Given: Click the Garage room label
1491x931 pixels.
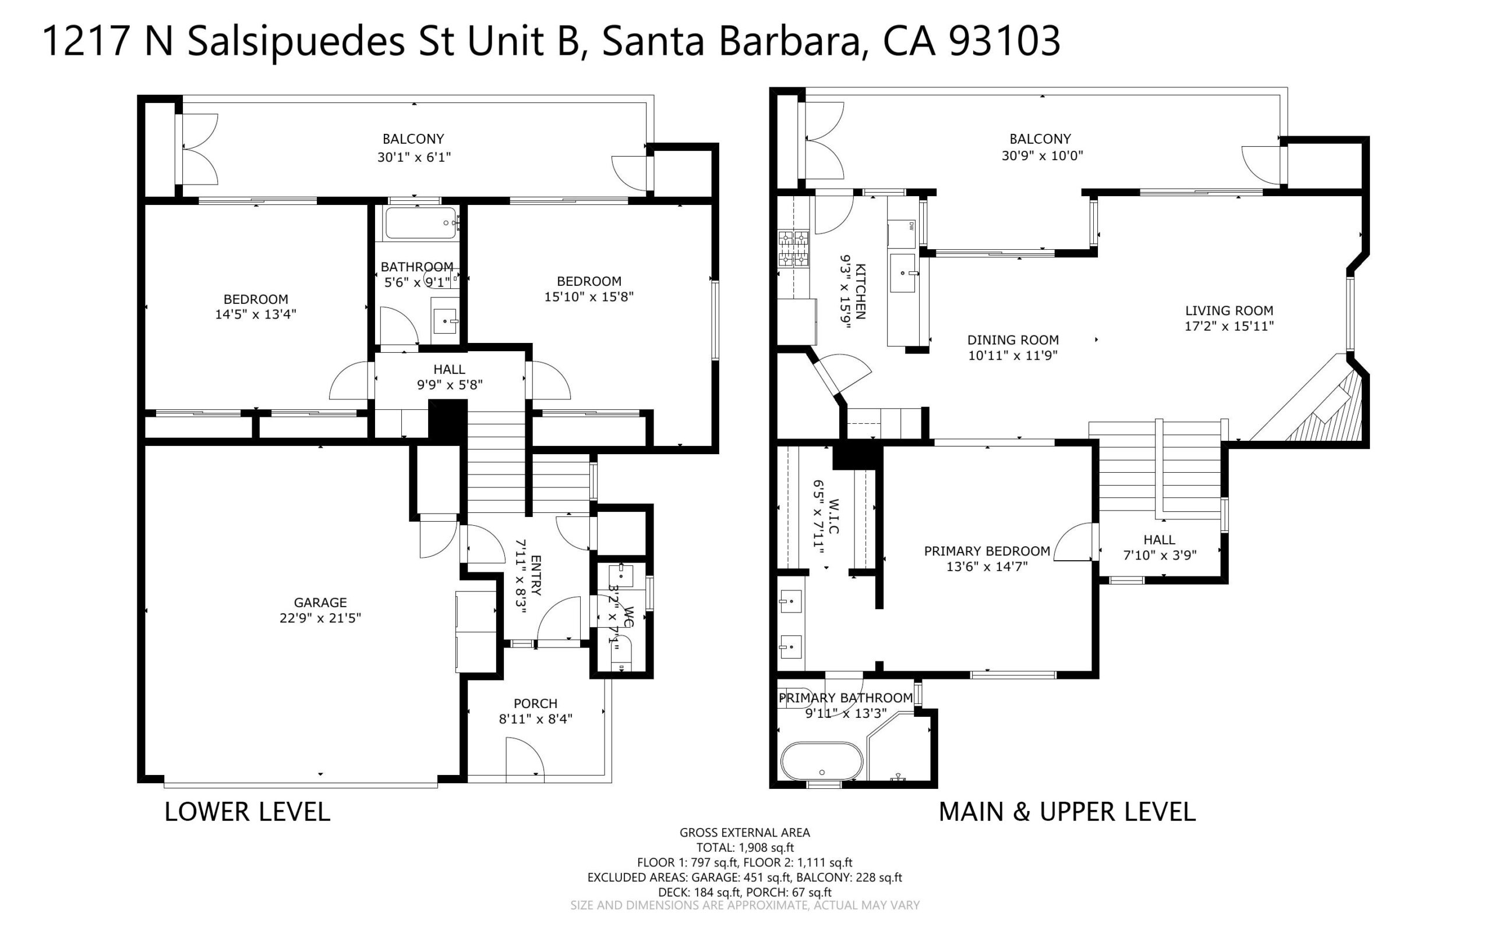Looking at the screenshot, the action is pyautogui.click(x=320, y=602).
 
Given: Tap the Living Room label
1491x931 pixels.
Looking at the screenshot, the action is pyautogui.click(x=1229, y=311).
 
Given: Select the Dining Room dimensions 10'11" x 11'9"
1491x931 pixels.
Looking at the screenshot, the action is pyautogui.click(x=1013, y=355).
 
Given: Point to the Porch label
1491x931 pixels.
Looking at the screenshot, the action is pyautogui.click(x=536, y=703).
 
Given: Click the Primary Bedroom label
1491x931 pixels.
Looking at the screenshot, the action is pyautogui.click(x=987, y=551).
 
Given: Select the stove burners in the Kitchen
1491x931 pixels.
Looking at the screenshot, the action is pyautogui.click(x=793, y=249).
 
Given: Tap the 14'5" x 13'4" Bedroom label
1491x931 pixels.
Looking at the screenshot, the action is pyautogui.click(x=256, y=307).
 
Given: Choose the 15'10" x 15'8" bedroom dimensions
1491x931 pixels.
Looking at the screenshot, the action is pyautogui.click(x=589, y=297).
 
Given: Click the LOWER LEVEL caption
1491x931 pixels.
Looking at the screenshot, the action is pyautogui.click(x=247, y=812).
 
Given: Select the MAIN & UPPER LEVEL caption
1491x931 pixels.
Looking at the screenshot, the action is pyautogui.click(x=1067, y=812).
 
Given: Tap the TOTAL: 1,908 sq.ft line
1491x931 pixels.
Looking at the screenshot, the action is pyautogui.click(x=745, y=847).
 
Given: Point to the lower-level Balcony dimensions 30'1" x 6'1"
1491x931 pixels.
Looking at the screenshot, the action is pyautogui.click(x=414, y=157).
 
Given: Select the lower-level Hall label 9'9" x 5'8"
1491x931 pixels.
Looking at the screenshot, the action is pyautogui.click(x=450, y=377).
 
